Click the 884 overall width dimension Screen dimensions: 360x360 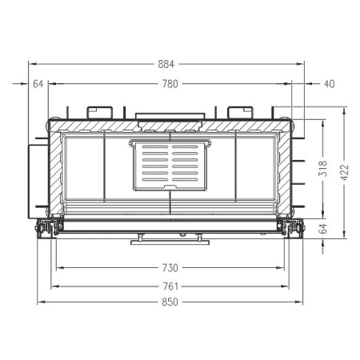(x=167, y=64)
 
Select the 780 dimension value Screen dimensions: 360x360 (x=169, y=83)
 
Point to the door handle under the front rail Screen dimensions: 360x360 (x=170, y=237)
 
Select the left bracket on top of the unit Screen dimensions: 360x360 (x=100, y=111)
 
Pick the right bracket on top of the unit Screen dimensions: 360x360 (x=239, y=111)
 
